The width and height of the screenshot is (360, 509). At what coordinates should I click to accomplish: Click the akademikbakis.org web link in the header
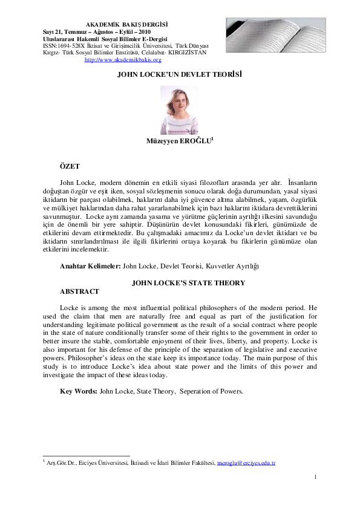123,60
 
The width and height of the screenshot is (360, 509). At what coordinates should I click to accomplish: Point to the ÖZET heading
70,165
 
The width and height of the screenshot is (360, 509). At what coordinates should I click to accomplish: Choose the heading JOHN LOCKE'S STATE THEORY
180,282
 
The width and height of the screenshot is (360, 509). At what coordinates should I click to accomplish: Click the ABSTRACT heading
80,291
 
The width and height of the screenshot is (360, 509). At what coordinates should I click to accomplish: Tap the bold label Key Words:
78,391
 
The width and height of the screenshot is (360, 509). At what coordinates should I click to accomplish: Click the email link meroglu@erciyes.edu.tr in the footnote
246,463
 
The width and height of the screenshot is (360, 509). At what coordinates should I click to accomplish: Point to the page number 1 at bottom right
316,478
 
